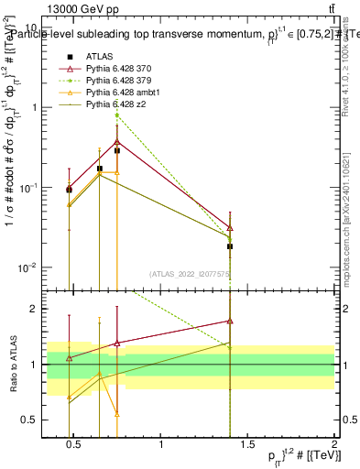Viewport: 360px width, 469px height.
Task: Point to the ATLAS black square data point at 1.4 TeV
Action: [230, 246]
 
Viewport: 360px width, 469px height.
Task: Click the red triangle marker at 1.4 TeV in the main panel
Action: [230, 227]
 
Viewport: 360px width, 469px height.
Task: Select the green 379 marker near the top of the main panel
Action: [117, 115]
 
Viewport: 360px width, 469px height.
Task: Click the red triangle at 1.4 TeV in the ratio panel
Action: [230, 322]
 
